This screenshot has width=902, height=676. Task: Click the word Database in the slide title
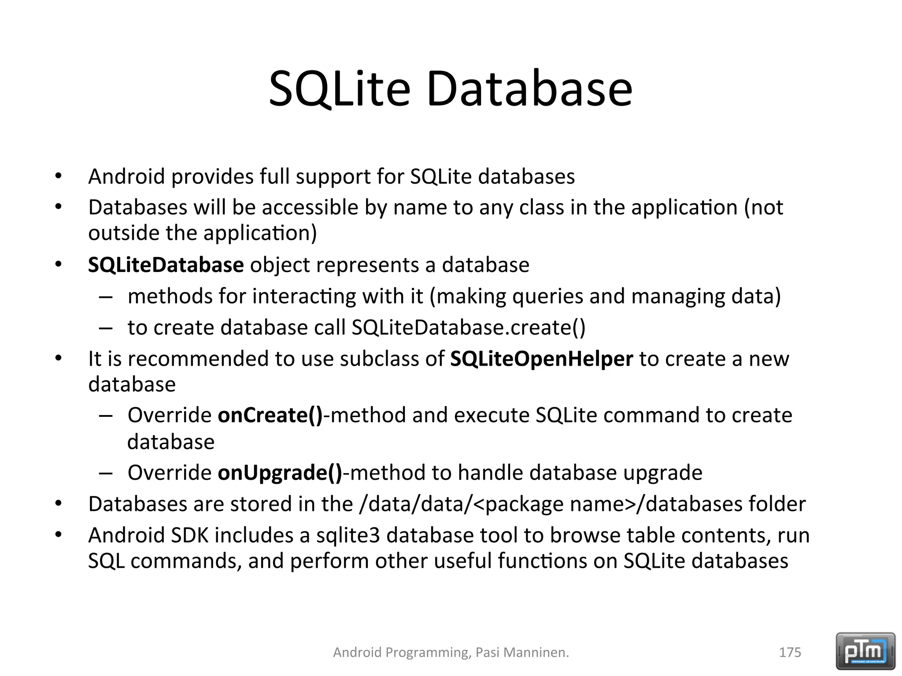pyautogui.click(x=529, y=89)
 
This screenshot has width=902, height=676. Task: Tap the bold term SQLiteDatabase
pyautogui.click(x=166, y=265)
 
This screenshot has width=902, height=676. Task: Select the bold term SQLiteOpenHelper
pyautogui.click(x=541, y=359)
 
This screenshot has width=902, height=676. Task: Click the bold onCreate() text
pyautogui.click(x=270, y=415)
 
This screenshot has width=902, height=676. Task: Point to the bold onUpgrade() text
pyautogui.click(x=280, y=473)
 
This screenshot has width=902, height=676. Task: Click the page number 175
pyautogui.click(x=790, y=652)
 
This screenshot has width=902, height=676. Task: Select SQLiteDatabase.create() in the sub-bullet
pyautogui.click(x=468, y=327)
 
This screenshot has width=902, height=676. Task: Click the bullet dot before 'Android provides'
pyautogui.click(x=58, y=176)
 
